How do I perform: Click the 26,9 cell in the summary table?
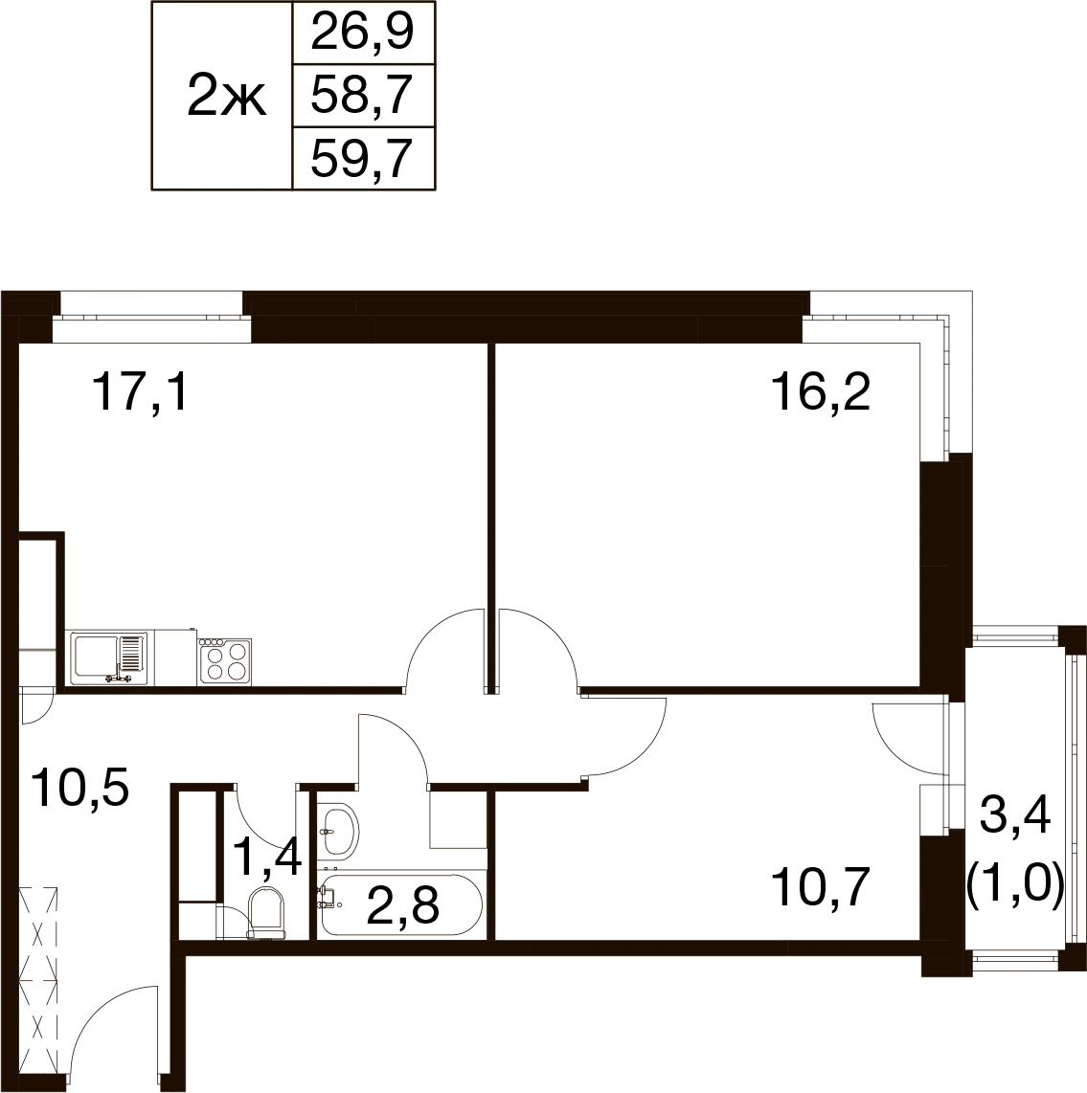point(363,33)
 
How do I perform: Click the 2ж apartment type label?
point(227,98)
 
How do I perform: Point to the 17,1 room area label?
point(140,391)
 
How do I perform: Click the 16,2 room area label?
point(821,391)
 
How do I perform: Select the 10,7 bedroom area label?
point(821,886)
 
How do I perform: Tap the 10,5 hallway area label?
point(81,788)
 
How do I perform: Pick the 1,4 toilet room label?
point(268,857)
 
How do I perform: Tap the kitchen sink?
point(109,658)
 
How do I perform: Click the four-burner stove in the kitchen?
point(225,660)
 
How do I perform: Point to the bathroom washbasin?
point(339,830)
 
